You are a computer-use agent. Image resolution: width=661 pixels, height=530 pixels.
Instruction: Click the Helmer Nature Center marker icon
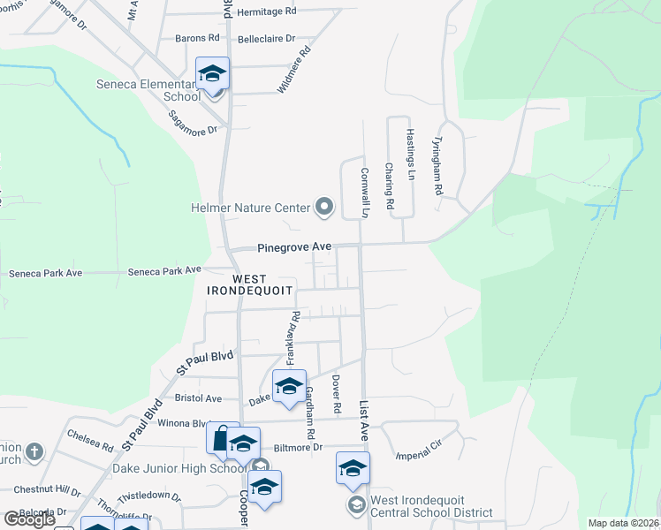[324, 208]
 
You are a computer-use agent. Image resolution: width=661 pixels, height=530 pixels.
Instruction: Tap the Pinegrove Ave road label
[294, 248]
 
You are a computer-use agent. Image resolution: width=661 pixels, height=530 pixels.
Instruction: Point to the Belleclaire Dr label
[265, 39]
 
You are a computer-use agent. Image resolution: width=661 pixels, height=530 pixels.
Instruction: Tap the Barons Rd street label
[197, 38]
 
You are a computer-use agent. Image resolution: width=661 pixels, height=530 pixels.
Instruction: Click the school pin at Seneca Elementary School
[213, 74]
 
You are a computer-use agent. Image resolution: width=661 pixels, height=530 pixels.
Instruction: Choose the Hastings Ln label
[411, 154]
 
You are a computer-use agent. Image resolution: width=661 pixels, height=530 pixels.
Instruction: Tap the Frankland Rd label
[291, 340]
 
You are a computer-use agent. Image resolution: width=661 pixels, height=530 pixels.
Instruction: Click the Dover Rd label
[337, 393]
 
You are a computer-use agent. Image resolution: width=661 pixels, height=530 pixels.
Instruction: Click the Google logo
[28, 519]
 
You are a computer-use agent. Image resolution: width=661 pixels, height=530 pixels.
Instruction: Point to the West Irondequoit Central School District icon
[355, 504]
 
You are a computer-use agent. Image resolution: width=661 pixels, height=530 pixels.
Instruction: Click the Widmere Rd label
[295, 70]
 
